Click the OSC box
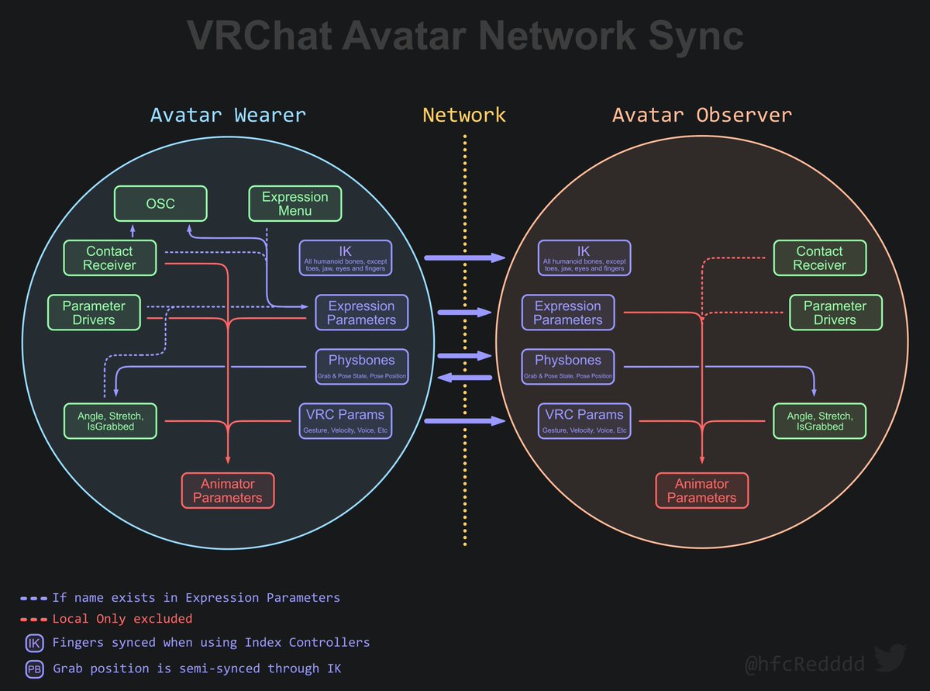click(161, 203)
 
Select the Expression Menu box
click(295, 203)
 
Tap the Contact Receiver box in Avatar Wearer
click(110, 258)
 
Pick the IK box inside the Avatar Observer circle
click(584, 257)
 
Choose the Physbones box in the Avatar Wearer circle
click(361, 366)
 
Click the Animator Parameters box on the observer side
click(701, 491)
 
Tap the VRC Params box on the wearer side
click(345, 420)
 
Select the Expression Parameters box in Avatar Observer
click(568, 313)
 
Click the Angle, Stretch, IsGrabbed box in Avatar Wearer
click(110, 421)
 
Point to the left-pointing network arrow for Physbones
click(465, 378)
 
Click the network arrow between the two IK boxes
click(464, 257)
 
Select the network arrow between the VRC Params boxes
click(464, 421)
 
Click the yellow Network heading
click(464, 116)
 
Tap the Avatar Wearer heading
click(228, 116)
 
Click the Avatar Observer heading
click(702, 116)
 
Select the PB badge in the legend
click(35, 669)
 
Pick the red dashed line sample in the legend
click(34, 620)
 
